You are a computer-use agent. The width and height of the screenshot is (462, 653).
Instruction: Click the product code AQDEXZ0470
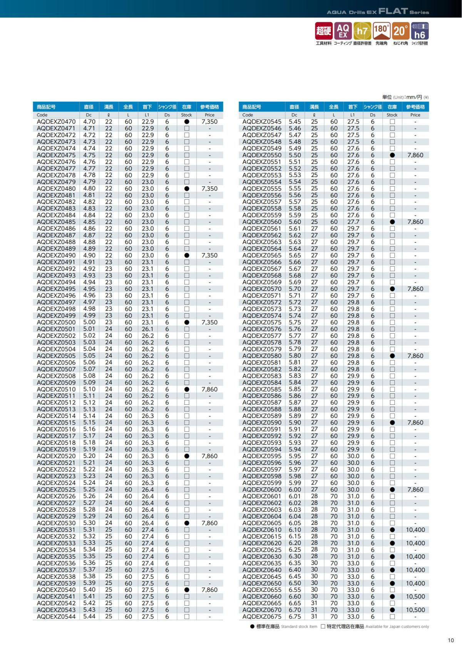56,122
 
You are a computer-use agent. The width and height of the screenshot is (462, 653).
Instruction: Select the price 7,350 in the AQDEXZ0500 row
209,322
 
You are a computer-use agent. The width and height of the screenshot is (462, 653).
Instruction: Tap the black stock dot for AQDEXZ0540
187,590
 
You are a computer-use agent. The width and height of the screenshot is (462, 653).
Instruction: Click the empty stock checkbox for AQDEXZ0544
187,616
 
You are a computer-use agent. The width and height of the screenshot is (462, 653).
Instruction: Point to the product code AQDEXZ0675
262,616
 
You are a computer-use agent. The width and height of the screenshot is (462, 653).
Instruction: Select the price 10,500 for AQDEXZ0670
415,610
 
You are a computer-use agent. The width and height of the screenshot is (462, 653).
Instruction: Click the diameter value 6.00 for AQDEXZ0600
295,489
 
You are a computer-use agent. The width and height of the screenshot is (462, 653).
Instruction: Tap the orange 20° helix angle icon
400,31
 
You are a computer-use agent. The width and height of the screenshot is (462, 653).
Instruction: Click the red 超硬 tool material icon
324,31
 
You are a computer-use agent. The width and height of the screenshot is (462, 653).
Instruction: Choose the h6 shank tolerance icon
420,31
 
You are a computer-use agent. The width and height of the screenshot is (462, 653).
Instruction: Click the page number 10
451,640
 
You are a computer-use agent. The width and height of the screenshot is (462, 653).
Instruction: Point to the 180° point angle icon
381,31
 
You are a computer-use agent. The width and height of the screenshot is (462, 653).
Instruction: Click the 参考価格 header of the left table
209,107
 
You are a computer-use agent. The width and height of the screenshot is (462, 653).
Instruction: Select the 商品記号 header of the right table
252,107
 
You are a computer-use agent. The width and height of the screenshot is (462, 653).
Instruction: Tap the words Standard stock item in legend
299,626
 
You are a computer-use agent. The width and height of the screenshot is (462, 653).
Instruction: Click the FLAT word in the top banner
393,11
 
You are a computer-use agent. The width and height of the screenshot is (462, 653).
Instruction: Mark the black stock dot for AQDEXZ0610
392,530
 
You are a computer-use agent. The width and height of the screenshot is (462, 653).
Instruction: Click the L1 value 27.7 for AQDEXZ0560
353,222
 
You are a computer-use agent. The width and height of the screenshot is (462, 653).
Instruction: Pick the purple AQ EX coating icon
343,31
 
